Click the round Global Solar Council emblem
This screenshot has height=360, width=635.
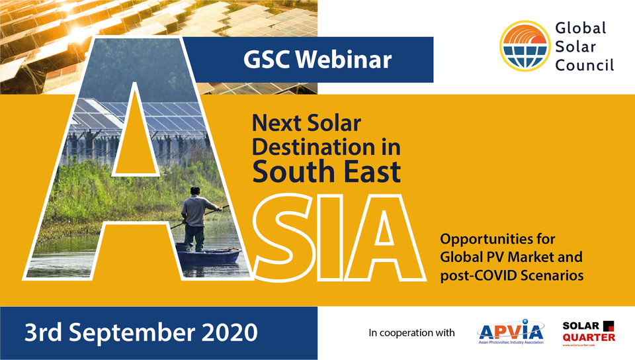pos(524,46)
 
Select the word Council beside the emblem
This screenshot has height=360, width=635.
pos(585,65)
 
